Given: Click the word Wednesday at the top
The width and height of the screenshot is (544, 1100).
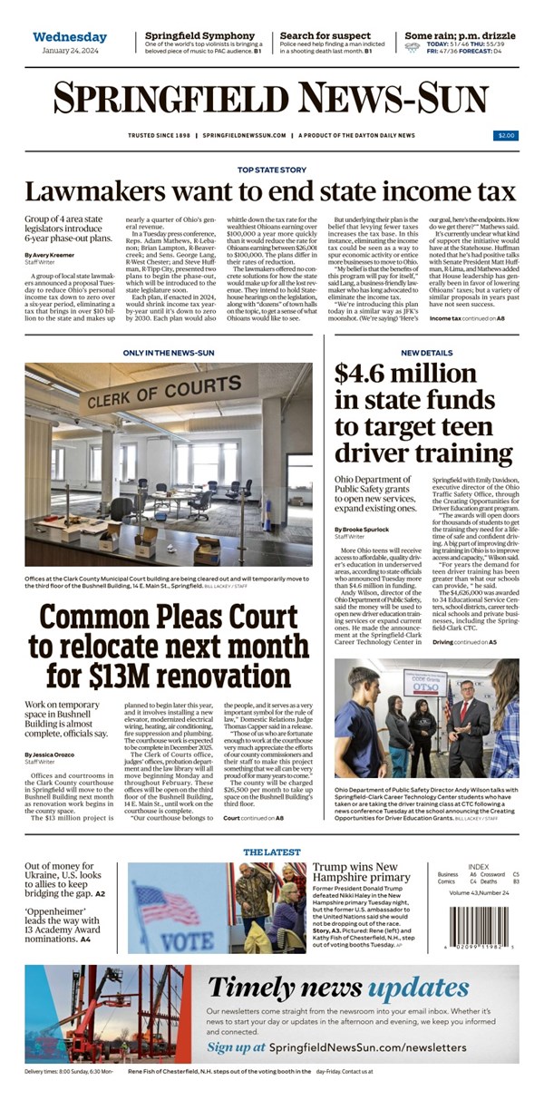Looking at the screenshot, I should click(x=70, y=37).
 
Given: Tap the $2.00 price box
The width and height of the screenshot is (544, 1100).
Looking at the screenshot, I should click(x=506, y=135).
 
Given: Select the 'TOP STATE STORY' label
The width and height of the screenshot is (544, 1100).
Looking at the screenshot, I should click(x=272, y=170).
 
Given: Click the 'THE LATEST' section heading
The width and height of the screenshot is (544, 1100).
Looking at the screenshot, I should click(x=271, y=852).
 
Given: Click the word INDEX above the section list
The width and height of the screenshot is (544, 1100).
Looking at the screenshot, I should click(x=478, y=866).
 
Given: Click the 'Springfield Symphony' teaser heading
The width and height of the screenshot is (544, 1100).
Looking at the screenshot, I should click(x=200, y=36).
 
